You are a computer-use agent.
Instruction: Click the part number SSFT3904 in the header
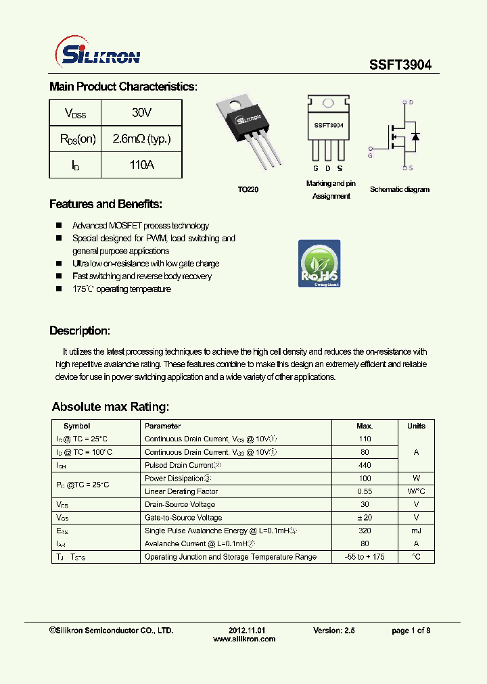click(400, 65)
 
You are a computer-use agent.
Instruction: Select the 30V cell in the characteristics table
click(141, 113)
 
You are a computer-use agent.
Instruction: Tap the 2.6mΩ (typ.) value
click(141, 139)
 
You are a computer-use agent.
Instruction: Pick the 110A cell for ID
click(141, 164)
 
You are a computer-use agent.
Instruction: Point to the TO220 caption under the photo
click(248, 190)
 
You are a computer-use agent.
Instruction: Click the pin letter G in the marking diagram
click(316, 168)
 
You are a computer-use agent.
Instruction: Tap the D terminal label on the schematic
click(411, 102)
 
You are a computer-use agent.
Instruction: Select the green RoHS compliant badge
click(319, 264)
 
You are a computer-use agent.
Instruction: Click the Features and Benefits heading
click(106, 204)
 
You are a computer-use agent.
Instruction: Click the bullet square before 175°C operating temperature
click(58, 289)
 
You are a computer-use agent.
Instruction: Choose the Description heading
click(79, 331)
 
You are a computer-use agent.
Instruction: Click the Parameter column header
click(162, 426)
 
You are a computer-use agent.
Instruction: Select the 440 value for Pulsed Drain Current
click(365, 465)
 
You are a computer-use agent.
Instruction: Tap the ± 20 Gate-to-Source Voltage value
click(365, 518)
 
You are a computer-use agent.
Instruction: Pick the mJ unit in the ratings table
click(416, 531)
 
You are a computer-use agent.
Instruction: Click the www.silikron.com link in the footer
click(244, 639)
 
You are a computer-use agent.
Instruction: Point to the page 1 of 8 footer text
click(411, 631)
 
